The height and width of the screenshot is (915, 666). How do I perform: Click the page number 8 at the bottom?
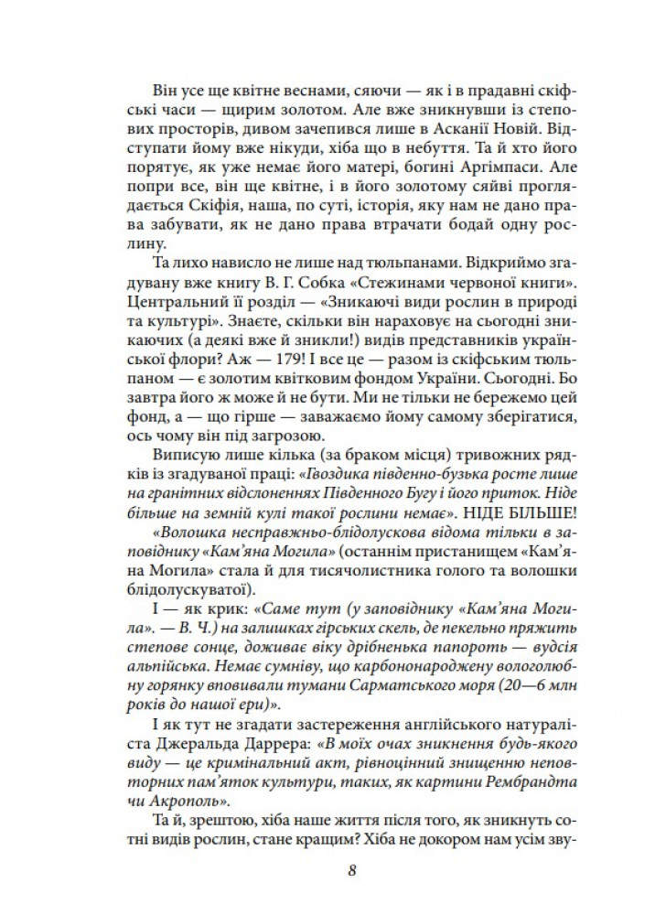click(352, 870)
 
